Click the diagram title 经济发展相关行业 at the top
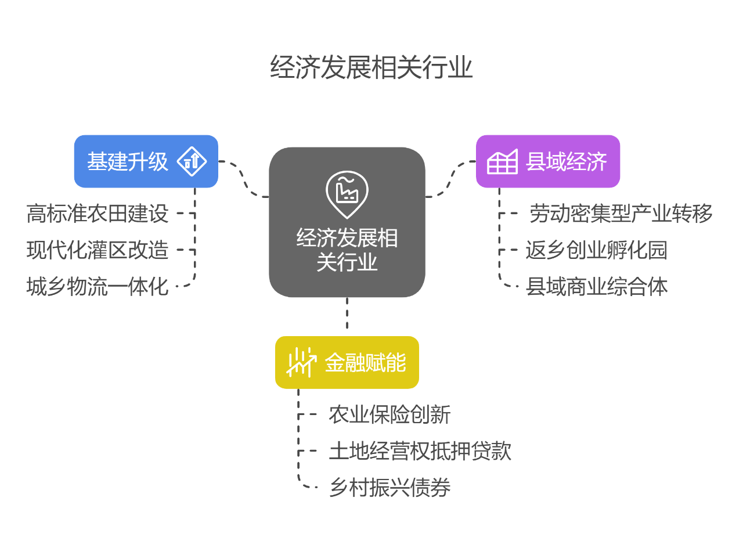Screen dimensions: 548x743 coord(371,68)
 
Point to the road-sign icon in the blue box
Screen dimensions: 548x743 coord(192,161)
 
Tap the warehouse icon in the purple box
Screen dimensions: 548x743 coord(502,162)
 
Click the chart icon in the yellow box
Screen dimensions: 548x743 coord(301,362)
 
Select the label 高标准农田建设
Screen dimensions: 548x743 coord(98,214)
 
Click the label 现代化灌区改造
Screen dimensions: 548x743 coord(98,250)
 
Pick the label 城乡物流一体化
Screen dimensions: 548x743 coord(98,286)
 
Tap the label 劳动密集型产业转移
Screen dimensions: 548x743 coord(621,214)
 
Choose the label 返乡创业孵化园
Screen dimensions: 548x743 coord(597,250)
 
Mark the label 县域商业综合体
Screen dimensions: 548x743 coord(597,286)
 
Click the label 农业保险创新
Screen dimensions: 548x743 coord(389,414)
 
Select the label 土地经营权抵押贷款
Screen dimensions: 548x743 coord(420,451)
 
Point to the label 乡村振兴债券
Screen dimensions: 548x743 coord(389,487)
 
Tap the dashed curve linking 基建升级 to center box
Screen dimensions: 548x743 coord(244,179)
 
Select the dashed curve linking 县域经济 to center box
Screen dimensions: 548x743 coord(450,179)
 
